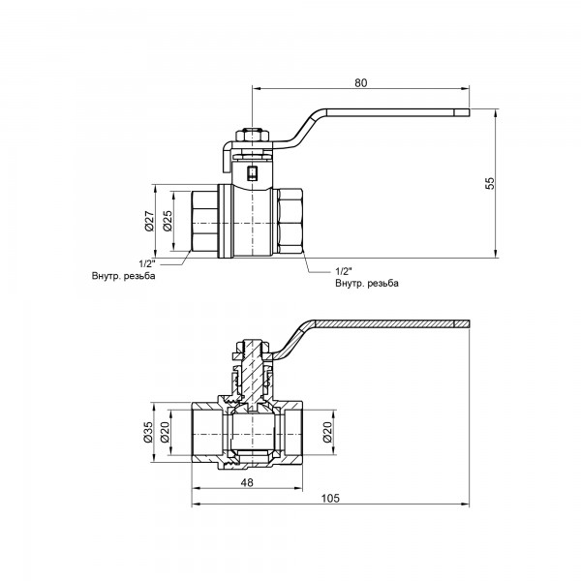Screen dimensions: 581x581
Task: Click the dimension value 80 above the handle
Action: coord(360,82)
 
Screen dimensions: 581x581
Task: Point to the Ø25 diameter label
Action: coord(167,222)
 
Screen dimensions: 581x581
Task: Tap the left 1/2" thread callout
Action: coord(147,263)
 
